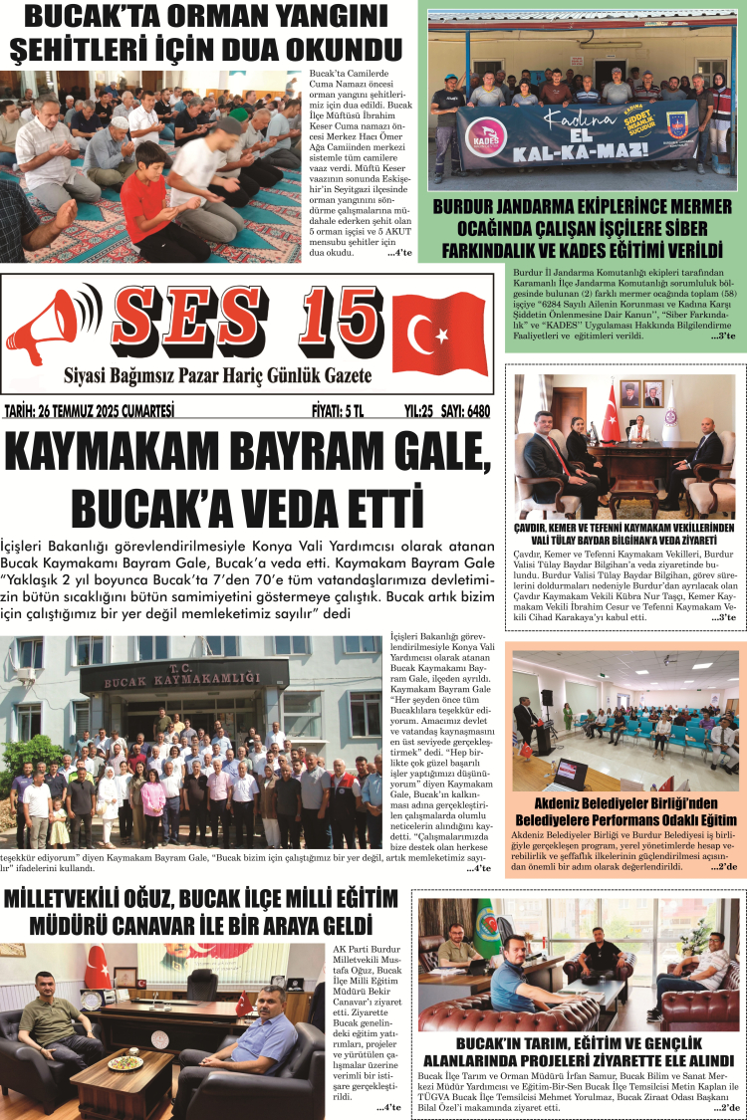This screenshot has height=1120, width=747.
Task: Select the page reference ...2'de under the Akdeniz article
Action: pyautogui.click(x=722, y=867)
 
